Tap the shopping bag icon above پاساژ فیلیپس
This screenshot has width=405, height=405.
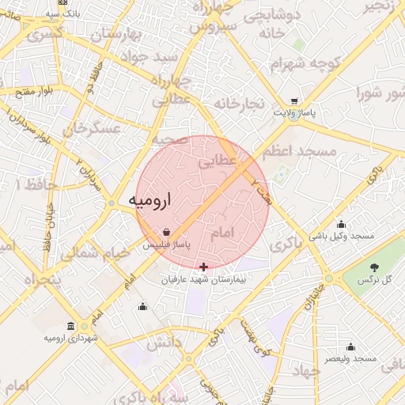coord(167,233)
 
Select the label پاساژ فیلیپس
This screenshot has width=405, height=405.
coord(167,246)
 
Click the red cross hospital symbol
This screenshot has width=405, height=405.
coord(205,267)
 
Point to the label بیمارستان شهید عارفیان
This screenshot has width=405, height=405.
coord(205,280)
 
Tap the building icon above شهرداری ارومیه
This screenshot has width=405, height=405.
coord(71,326)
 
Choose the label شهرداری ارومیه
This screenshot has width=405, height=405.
coord(71,339)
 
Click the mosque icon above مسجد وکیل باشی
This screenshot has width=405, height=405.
coord(341,224)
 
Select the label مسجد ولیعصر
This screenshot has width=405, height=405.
coord(352,359)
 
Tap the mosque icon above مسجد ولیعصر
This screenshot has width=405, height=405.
coord(351,346)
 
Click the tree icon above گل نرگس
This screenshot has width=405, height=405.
coord(375,267)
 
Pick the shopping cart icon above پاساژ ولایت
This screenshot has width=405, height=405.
coord(294,101)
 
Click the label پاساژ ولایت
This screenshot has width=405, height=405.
coord(294,114)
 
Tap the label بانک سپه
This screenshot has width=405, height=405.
coord(63,13)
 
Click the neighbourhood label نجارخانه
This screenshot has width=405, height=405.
coord(237,104)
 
